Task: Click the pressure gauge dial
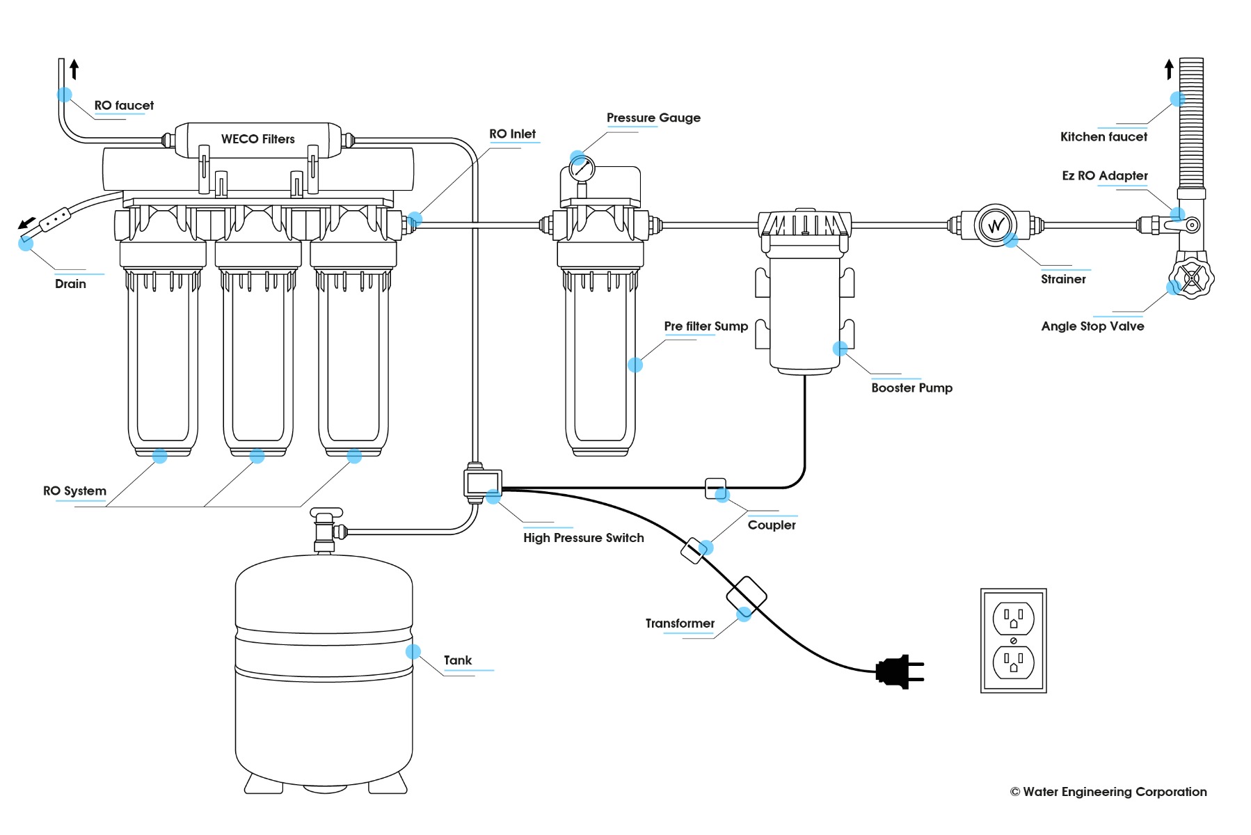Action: pyautogui.click(x=582, y=168)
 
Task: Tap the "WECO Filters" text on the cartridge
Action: pyautogui.click(x=257, y=139)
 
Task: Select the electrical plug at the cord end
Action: pyautogui.click(x=898, y=671)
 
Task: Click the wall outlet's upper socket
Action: pyautogui.click(x=1013, y=618)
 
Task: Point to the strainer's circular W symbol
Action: pyautogui.click(x=996, y=225)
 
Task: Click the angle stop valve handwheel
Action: pyautogui.click(x=1191, y=278)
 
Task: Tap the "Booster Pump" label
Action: pyautogui.click(x=911, y=388)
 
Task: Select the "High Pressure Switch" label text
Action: pyautogui.click(x=583, y=538)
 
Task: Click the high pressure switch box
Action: pyautogui.click(x=482, y=482)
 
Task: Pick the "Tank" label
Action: pyautogui.click(x=457, y=660)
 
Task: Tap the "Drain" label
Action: pyautogui.click(x=70, y=284)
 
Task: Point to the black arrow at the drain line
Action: pyautogui.click(x=26, y=223)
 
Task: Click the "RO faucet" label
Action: pyautogui.click(x=124, y=106)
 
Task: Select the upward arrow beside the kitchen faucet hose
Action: pyautogui.click(x=1169, y=69)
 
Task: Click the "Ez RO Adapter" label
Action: pyautogui.click(x=1104, y=176)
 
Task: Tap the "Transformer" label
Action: pyautogui.click(x=680, y=623)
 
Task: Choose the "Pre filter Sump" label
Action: pyautogui.click(x=706, y=326)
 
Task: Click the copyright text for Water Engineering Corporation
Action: pyautogui.click(x=1108, y=792)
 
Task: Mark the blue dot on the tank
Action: pyautogui.click(x=413, y=651)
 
